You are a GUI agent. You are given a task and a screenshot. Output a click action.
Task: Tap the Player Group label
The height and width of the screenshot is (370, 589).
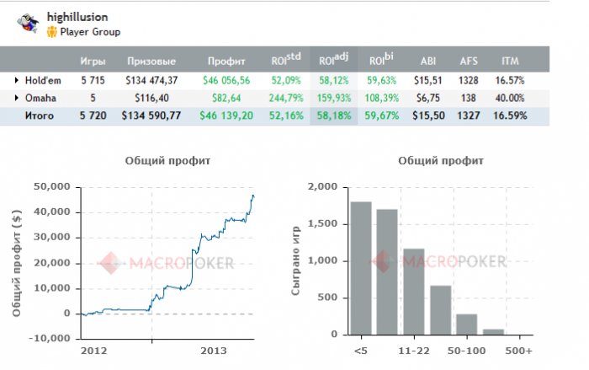(x=90, y=32)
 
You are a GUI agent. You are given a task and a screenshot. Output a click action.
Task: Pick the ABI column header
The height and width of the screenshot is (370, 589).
(x=428, y=61)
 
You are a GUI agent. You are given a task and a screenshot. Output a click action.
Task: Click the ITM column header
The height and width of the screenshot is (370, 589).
(x=510, y=61)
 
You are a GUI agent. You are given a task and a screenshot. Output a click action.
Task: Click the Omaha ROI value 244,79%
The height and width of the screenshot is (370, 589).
(x=287, y=98)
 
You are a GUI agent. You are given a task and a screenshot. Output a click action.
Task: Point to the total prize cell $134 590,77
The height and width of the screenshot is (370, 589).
(x=151, y=115)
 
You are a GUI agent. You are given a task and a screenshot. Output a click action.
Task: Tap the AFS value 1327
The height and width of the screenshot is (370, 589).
(x=469, y=115)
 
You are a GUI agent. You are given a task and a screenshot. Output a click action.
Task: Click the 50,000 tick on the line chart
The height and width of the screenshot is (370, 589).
(x=51, y=186)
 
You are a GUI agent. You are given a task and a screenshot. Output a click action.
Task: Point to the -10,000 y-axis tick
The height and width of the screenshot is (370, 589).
(x=50, y=339)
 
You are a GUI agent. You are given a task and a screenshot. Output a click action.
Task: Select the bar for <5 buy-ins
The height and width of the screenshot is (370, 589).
(x=361, y=269)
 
